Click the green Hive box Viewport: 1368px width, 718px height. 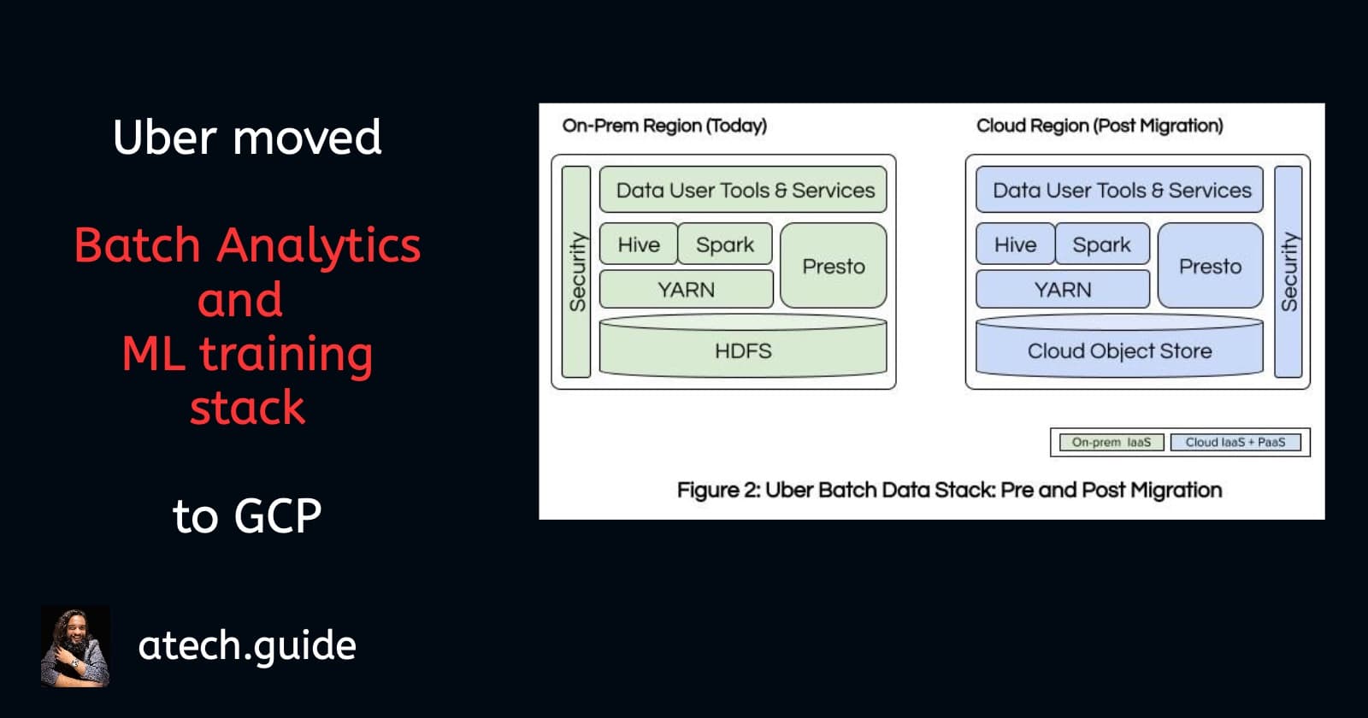[639, 244]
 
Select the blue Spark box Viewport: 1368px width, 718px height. [1102, 244]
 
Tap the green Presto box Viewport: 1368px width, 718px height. [834, 266]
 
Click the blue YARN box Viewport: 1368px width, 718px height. [1063, 290]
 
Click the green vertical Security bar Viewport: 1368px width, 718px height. [577, 272]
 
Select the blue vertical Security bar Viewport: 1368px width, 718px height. [1288, 272]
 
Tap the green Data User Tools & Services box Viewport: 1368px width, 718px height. [744, 190]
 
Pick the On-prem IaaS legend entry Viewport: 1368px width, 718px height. [1111, 442]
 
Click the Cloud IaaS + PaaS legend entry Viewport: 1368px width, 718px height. [1235, 442]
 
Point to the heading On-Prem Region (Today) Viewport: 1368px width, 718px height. [664, 126]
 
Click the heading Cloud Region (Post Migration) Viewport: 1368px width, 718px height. [1100, 126]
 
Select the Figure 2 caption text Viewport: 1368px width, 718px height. [949, 490]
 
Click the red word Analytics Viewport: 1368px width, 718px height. [318, 246]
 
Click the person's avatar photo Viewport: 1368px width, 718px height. [75, 646]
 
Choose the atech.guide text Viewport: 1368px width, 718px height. [247, 645]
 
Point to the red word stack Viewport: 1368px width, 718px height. [247, 408]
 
